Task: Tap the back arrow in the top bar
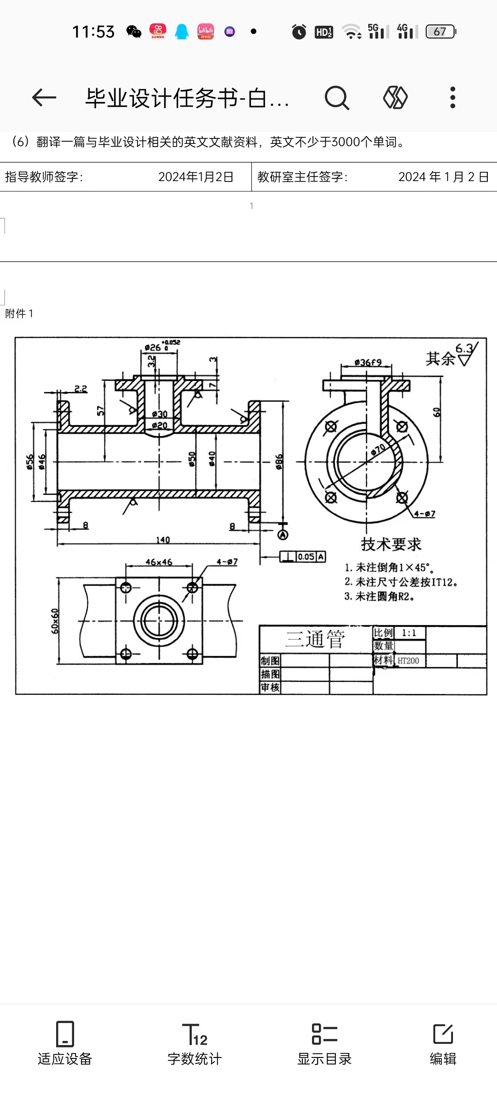[x=44, y=97]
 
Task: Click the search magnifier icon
[x=337, y=97]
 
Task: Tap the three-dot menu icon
[x=453, y=97]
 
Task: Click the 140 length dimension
[x=163, y=540]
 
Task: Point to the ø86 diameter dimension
[x=279, y=461]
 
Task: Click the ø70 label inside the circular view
[x=378, y=449]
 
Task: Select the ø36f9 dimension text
[x=368, y=362]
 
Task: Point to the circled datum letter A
[x=283, y=534]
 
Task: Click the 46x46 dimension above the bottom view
[x=159, y=562]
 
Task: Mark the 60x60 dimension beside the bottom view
[x=55, y=621]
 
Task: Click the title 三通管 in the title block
[x=315, y=639]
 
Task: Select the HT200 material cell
[x=409, y=661]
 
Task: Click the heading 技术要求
[x=391, y=544]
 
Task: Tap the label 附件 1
[x=19, y=313]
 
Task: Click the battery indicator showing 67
[x=440, y=31]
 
